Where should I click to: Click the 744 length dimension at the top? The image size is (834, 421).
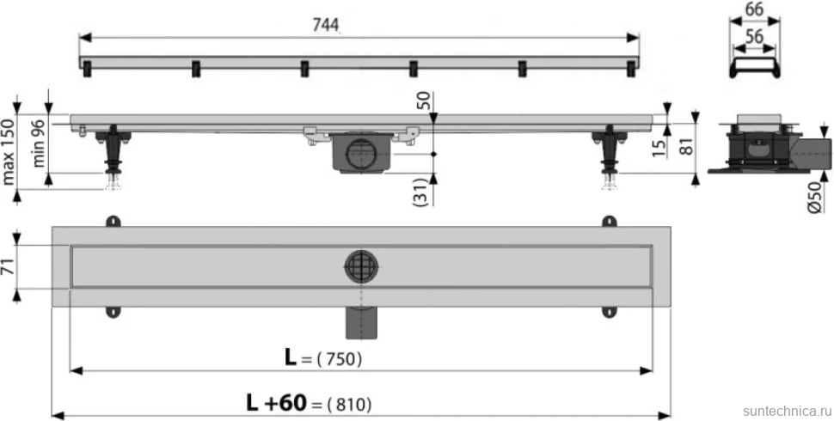[x=326, y=26]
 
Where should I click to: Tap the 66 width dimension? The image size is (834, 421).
[x=754, y=9]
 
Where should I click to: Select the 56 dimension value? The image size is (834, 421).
[x=754, y=36]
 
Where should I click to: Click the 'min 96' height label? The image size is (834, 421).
[x=40, y=143]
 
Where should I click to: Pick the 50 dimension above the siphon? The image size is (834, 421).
[x=426, y=101]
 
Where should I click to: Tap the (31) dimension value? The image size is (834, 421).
[x=420, y=192]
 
